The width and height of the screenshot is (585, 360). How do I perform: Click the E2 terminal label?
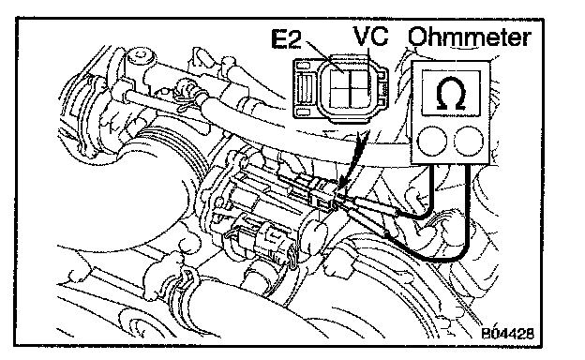(x=286, y=38)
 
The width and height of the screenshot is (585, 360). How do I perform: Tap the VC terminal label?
(x=371, y=36)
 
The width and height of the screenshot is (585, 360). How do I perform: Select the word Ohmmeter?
(x=469, y=37)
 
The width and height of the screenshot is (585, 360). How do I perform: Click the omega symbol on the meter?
(x=451, y=94)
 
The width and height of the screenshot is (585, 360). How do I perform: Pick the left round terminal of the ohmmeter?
(x=432, y=141)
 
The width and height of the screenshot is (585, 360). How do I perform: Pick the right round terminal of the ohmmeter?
(x=469, y=141)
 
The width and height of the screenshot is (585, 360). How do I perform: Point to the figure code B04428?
(x=507, y=333)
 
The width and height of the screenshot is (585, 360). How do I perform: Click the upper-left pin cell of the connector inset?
(x=340, y=79)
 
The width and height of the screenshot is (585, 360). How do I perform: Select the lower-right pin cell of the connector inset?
(x=360, y=97)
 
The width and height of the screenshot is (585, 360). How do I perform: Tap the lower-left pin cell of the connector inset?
(x=340, y=97)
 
